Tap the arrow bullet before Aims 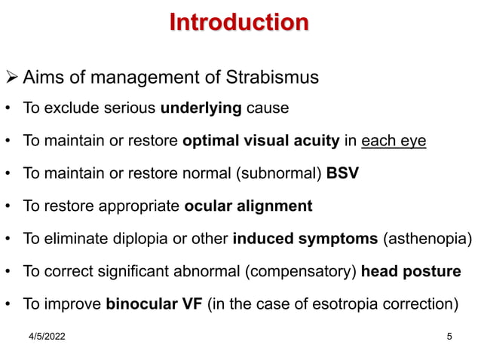coord(11,78)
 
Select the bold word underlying coord(201,108)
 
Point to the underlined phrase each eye coord(394,141)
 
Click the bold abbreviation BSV coord(342,173)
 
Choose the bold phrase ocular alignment coord(248,206)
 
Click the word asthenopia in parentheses coord(428,239)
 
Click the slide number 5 coord(449,337)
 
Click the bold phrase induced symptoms coord(306,239)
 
